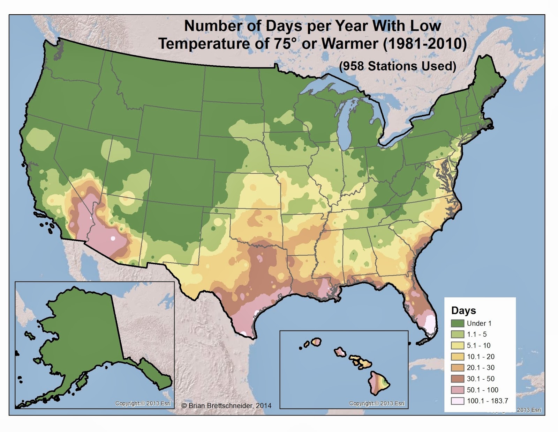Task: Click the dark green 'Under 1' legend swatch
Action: pos(457,323)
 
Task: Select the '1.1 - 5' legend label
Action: pos(476,334)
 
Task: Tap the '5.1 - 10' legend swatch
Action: pos(457,345)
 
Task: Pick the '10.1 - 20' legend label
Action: pos(480,357)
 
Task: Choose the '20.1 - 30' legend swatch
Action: pos(457,367)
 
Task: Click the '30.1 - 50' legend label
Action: pos(480,379)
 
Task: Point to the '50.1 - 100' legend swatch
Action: pos(457,390)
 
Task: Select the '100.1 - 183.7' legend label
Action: pos(487,401)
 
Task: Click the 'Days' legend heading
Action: pos(463,310)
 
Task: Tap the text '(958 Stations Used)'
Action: pos(398,66)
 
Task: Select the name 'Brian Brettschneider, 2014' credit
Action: pos(230,405)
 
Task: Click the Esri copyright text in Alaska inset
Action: pos(143,403)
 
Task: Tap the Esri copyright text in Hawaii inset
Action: pos(377,403)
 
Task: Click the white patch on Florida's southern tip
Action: pos(431,325)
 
